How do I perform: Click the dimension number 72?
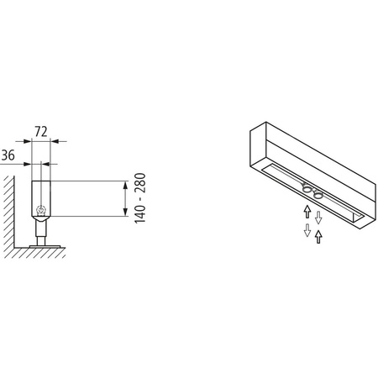(x=41, y=132)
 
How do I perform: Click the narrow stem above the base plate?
(x=40, y=228)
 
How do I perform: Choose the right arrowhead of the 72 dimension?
(x=55, y=144)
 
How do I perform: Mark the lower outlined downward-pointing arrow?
(x=307, y=229)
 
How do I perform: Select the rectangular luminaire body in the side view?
(x=41, y=197)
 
